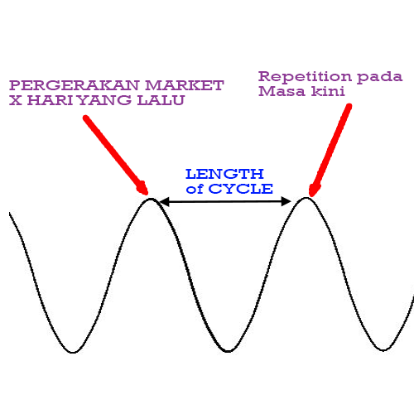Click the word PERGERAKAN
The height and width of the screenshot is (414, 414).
[75, 85]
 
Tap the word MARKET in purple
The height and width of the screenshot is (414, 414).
[185, 85]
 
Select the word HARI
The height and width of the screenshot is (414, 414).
[50, 100]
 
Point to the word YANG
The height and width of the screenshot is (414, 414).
[104, 100]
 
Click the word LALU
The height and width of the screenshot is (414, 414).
[161, 100]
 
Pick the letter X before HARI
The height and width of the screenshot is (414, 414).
[16, 100]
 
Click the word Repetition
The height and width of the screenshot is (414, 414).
[305, 76]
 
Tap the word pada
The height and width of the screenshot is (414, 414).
[380, 78]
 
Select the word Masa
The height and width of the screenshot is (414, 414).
[282, 91]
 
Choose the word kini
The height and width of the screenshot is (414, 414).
[328, 91]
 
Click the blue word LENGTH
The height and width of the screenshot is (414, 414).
[224, 174]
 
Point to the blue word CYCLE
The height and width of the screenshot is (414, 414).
[241, 189]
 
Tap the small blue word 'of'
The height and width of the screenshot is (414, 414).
[195, 189]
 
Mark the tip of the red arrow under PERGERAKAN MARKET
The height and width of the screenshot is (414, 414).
[147, 195]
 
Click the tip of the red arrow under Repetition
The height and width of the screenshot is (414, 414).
[310, 196]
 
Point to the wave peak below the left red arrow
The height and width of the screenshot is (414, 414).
[151, 199]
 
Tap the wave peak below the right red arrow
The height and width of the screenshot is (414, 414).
[306, 198]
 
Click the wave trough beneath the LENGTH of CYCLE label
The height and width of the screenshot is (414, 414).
[228, 351]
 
